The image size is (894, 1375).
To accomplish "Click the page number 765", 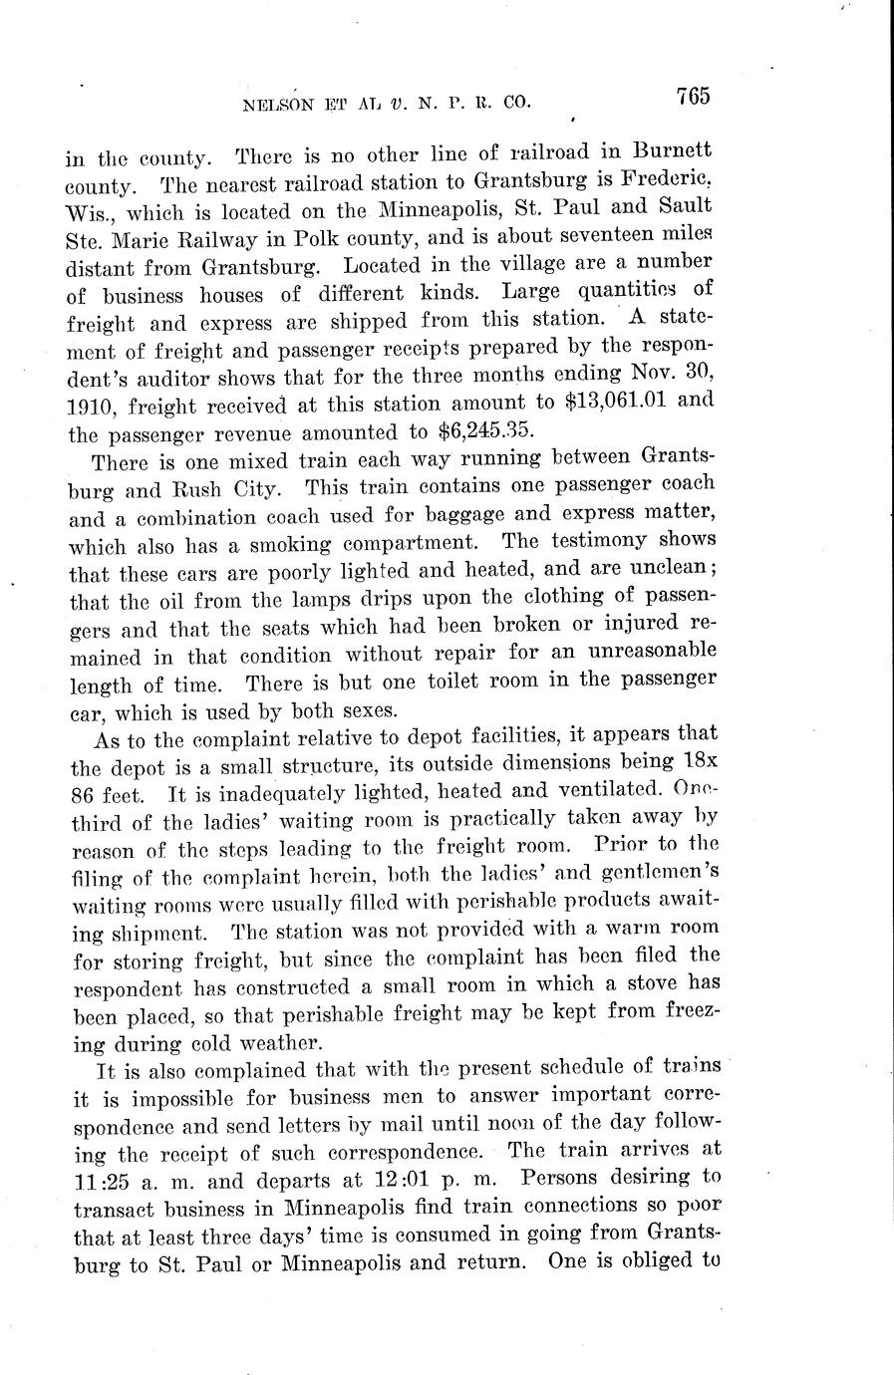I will click(x=691, y=97).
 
